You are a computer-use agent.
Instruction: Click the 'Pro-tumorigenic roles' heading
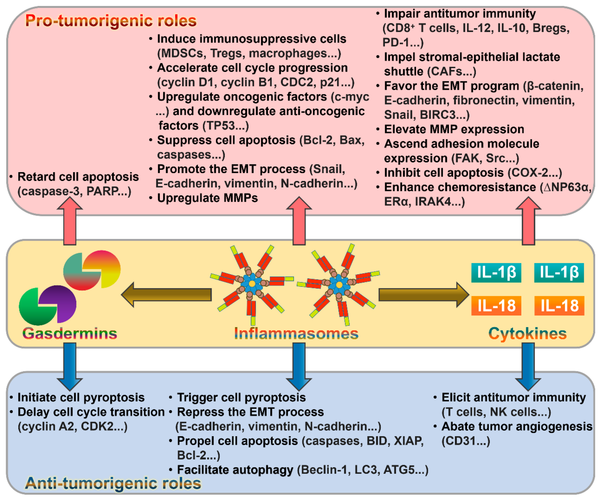tap(111, 21)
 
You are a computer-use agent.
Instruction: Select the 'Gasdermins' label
tap(70, 333)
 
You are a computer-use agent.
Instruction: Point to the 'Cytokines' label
tap(527, 333)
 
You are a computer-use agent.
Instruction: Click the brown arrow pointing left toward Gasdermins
tap(166, 295)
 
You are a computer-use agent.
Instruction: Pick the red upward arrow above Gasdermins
tap(70, 221)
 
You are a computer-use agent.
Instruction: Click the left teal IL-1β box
tap(496, 272)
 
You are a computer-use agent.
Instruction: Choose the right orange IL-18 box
tap(559, 306)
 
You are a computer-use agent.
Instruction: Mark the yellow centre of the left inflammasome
tap(252, 283)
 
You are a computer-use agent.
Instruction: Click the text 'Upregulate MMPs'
tap(207, 198)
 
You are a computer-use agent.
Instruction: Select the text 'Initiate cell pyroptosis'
tap(81, 397)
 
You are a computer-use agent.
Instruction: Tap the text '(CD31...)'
tap(466, 441)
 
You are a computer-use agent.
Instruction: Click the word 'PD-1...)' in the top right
tap(403, 43)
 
